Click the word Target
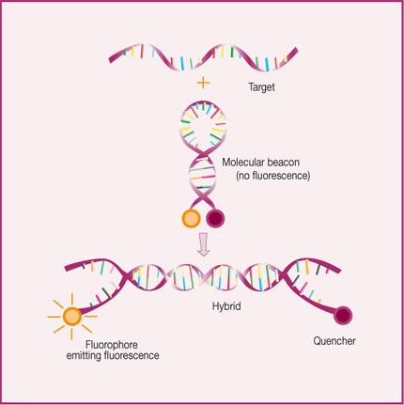pyautogui.click(x=261, y=86)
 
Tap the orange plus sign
pyautogui.click(x=203, y=83)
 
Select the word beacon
pyautogui.click(x=283, y=163)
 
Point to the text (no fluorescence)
pyautogui.click(x=272, y=176)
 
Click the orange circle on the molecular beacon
pyautogui.click(x=191, y=218)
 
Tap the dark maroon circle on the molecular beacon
pyautogui.click(x=215, y=218)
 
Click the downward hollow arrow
pyautogui.click(x=204, y=244)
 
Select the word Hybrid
pyautogui.click(x=226, y=306)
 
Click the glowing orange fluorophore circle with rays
pyautogui.click(x=72, y=317)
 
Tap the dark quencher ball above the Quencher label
pyautogui.click(x=343, y=316)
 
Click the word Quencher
pyautogui.click(x=334, y=341)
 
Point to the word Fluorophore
pyautogui.click(x=112, y=345)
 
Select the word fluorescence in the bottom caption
pyautogui.click(x=132, y=356)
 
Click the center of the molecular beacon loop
pyautogui.click(x=203, y=124)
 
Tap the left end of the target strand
pyautogui.click(x=110, y=59)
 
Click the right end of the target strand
pyautogui.click(x=296, y=51)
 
